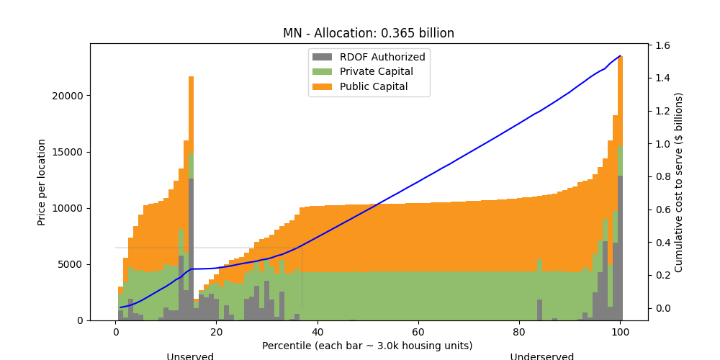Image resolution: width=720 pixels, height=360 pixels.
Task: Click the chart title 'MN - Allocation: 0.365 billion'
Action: (368, 33)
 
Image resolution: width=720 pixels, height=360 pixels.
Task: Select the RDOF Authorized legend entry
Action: (382, 57)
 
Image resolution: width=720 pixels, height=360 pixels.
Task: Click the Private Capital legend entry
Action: (377, 71)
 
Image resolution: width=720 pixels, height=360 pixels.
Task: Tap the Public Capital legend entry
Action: (374, 86)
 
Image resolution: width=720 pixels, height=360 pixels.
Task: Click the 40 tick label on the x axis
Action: (318, 332)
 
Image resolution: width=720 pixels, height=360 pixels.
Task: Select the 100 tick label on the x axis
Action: (620, 332)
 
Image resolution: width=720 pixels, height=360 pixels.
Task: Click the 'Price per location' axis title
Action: (42, 182)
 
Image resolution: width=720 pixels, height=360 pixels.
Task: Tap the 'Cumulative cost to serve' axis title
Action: (678, 182)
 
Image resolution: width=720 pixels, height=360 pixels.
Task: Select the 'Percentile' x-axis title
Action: (367, 346)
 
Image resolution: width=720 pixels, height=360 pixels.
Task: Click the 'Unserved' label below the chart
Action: (190, 356)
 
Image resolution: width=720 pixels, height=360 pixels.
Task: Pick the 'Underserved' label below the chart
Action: (541, 356)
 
